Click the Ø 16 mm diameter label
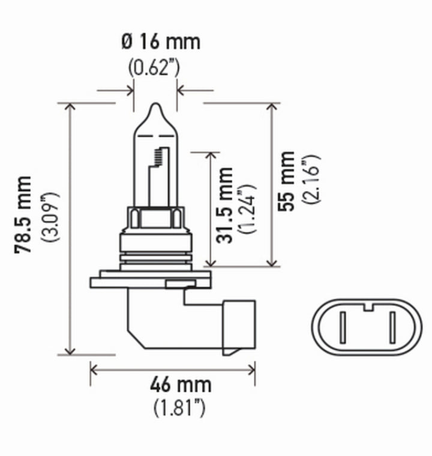pyautogui.click(x=160, y=42)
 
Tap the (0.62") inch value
pyautogui.click(x=154, y=67)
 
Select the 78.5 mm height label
pyautogui.click(x=24, y=214)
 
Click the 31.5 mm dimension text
pyautogui.click(x=225, y=205)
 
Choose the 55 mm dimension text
pyautogui.click(x=289, y=181)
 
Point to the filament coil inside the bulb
pyautogui.click(x=159, y=157)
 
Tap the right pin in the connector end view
pyautogui.click(x=391, y=327)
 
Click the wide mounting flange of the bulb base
pyautogui.click(x=150, y=281)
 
